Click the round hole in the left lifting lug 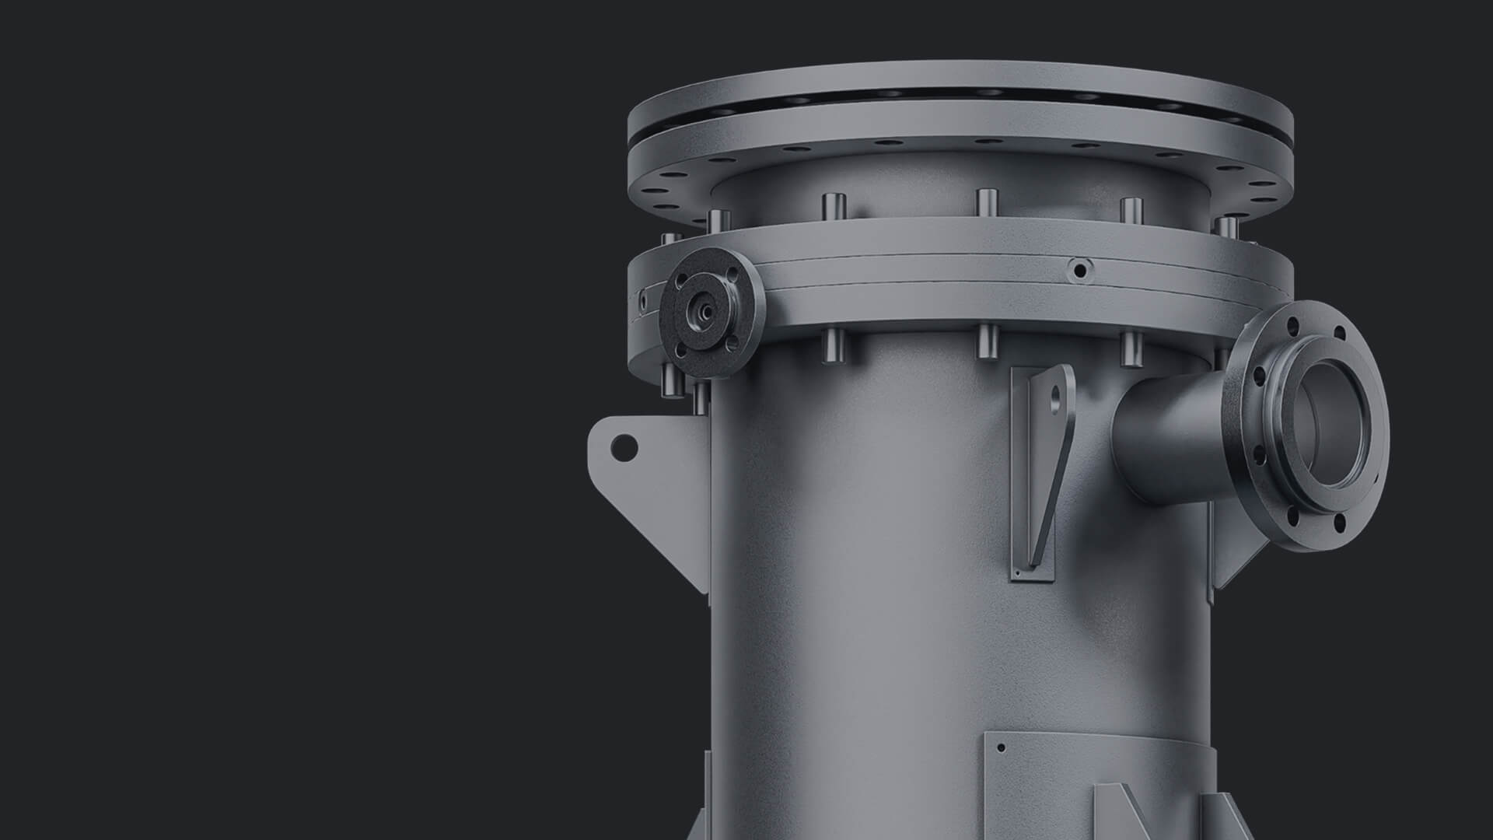(623, 446)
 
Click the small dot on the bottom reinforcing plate (1001, 748)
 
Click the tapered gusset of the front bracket (1042, 482)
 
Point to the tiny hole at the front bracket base (1018, 573)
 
